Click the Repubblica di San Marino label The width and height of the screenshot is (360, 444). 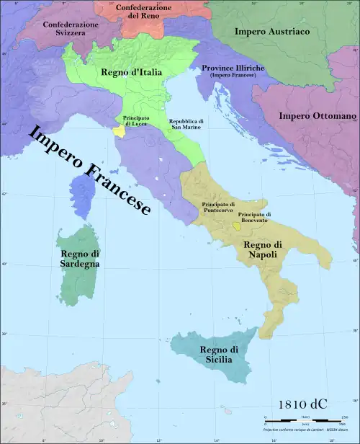pyautogui.click(x=185, y=125)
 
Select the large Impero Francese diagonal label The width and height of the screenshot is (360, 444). pyautogui.click(x=89, y=170)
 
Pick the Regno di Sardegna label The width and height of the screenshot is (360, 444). pyautogui.click(x=81, y=259)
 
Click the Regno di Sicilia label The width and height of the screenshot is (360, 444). pyautogui.click(x=208, y=354)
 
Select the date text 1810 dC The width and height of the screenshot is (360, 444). pyautogui.click(x=297, y=404)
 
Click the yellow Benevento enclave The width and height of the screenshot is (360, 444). pyautogui.click(x=237, y=226)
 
